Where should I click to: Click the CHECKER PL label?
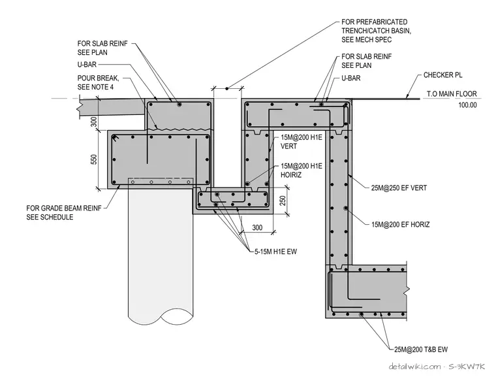442,75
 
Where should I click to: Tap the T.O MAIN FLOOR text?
452,94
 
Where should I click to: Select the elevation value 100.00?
467,105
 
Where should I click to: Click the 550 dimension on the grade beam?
94,159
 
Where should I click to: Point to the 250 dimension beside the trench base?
283,201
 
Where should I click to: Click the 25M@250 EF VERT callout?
399,188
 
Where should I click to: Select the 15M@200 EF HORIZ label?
400,225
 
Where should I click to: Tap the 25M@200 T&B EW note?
421,350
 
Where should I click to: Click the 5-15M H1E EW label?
275,252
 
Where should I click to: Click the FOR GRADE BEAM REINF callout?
64,212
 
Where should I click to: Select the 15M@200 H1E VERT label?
301,142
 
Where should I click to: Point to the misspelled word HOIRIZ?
291,174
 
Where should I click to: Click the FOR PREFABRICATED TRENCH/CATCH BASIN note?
376,31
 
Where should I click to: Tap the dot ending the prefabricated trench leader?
227,89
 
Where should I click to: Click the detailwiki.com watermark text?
414,367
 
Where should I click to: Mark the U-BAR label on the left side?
87,65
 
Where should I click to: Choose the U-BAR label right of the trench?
351,78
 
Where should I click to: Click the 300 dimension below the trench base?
257,227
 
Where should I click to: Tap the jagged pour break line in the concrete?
179,129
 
